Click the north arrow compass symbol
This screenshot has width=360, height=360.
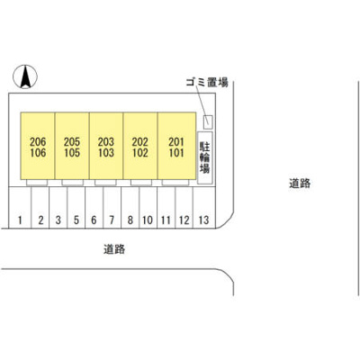tap(25, 76)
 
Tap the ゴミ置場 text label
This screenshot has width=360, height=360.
tap(207, 82)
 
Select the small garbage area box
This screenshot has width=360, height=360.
tap(208, 122)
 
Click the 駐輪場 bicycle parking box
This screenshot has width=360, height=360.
tap(205, 157)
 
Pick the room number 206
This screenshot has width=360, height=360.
tap(38, 142)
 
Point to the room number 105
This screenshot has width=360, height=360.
tap(72, 153)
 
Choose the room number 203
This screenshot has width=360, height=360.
tap(106, 142)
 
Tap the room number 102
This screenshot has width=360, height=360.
tap(140, 153)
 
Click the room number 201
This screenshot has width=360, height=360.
tap(176, 142)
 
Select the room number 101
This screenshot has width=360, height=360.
tap(176, 153)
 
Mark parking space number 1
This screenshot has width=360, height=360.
tap(20, 220)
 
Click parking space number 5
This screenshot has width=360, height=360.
tap(76, 220)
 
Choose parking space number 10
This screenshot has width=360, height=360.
tap(148, 220)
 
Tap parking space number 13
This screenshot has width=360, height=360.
tap(203, 220)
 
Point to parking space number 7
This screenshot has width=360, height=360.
tap(112, 220)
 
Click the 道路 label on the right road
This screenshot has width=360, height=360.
tap(300, 184)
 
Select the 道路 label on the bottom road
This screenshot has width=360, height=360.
tap(114, 249)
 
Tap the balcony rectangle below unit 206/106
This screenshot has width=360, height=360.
tap(37, 183)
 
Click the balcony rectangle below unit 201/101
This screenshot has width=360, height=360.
tap(175, 183)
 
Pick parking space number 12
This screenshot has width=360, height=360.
tap(184, 220)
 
